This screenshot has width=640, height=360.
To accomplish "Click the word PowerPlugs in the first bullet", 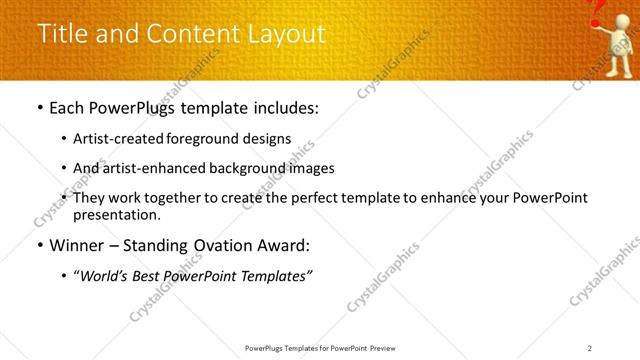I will click(x=144, y=108).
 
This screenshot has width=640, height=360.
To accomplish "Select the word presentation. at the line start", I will click(x=116, y=215).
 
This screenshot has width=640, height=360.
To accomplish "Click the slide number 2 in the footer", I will click(x=590, y=347).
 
